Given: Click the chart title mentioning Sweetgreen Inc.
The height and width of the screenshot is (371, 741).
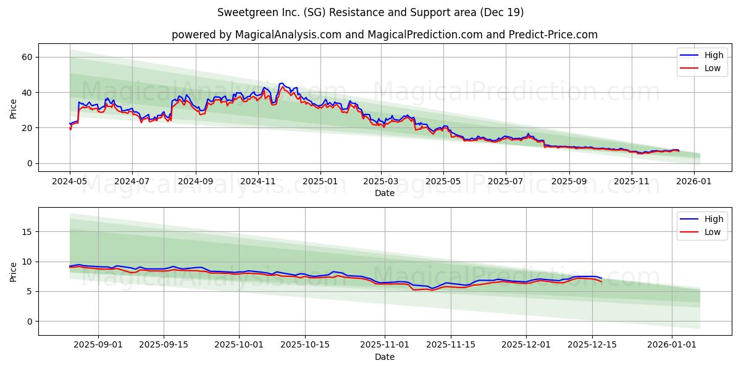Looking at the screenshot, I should click(371, 12).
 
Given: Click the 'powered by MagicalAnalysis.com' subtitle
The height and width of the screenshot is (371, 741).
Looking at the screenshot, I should click(384, 35).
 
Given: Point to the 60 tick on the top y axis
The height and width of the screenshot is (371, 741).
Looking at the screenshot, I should click(27, 57).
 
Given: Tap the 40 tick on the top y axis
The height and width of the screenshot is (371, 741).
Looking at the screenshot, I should click(27, 93).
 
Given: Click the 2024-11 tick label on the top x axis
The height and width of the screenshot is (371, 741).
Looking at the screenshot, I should click(257, 182).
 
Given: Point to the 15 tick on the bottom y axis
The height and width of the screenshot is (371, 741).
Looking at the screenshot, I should click(27, 232).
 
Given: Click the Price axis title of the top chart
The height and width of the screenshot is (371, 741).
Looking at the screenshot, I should click(14, 108).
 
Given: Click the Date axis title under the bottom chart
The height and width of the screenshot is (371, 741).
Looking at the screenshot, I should click(384, 357).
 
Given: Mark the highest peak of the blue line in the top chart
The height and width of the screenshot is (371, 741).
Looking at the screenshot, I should click(282, 83).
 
